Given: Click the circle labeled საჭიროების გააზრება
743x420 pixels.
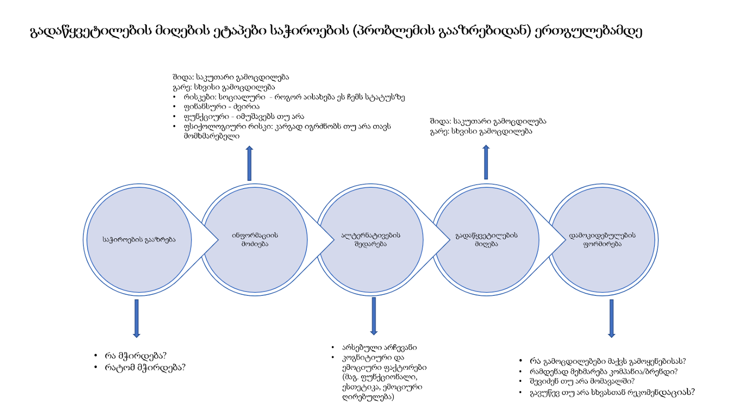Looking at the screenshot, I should coord(139,240).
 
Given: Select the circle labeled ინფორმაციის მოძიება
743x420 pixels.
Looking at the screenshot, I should coord(255,240).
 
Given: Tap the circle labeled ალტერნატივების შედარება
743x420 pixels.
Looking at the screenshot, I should coord(371,240).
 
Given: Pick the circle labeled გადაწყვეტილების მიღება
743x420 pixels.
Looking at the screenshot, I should coord(487,240).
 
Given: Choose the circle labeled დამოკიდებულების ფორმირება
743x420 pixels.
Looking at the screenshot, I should coord(602,240).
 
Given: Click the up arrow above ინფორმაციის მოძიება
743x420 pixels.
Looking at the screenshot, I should coord(249,163).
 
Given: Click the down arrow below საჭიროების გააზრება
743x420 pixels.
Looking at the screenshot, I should coord(137,318).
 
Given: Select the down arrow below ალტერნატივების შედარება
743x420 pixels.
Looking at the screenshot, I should coord(374,316).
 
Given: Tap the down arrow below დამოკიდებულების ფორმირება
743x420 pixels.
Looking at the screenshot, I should coord(611,318).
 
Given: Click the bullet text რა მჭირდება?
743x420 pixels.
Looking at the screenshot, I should coord(136,356).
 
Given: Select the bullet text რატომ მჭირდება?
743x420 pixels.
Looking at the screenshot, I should coord(145,367).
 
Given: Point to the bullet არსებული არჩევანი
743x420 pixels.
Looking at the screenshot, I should coord(379,348).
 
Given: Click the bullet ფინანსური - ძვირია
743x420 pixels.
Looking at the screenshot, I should coord(222,107).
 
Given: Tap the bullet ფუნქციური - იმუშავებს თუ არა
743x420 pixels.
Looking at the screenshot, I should coord(244,117).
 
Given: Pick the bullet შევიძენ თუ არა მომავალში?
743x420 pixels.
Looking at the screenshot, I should coord(582,381).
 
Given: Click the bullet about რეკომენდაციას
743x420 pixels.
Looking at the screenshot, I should coord(612,393).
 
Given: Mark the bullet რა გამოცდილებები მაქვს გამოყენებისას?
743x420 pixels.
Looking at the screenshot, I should coord(607,361).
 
